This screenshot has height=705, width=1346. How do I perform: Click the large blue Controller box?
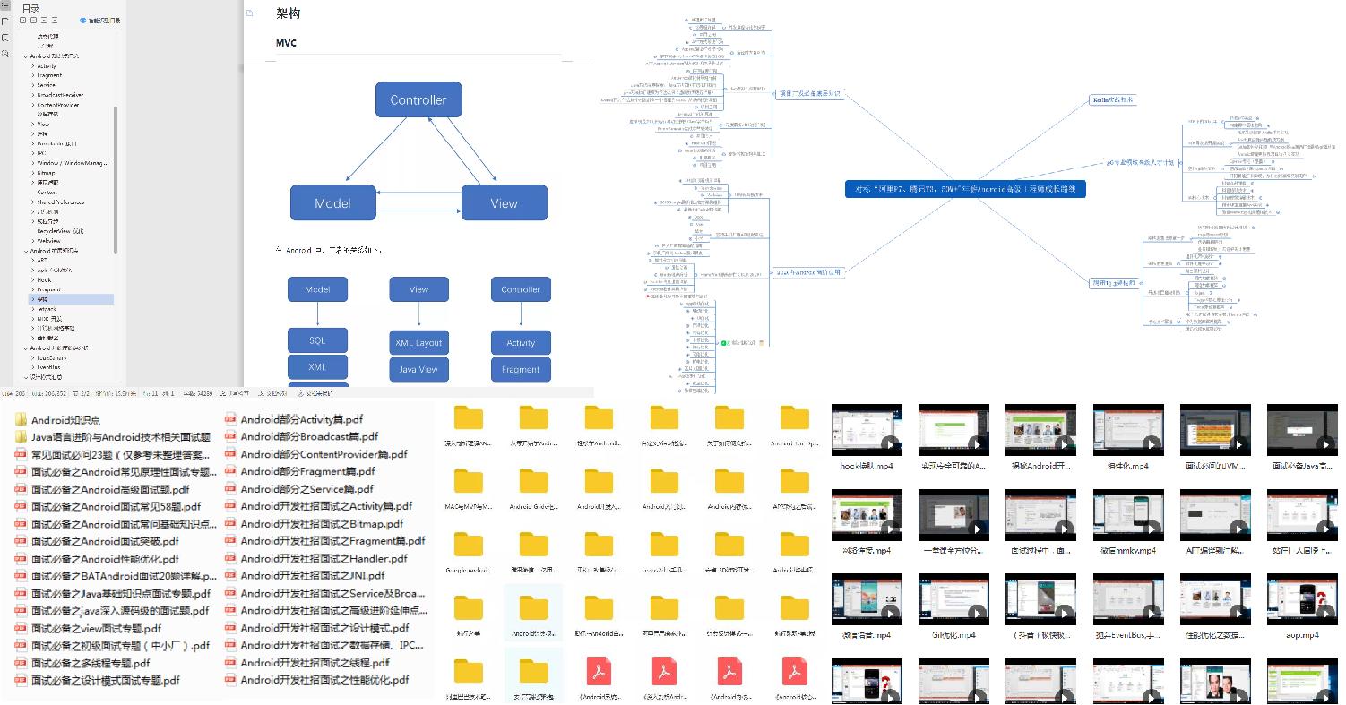(418, 99)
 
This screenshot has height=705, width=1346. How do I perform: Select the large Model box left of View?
(332, 203)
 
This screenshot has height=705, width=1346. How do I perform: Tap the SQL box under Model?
(317, 340)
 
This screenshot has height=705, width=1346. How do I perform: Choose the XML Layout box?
(418, 342)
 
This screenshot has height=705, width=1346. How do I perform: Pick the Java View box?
(418, 369)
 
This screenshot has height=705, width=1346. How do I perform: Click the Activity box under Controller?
(521, 342)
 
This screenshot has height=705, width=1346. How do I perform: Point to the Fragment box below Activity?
(521, 369)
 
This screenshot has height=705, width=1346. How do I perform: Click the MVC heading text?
(286, 43)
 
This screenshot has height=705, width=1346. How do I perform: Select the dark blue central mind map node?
(965, 189)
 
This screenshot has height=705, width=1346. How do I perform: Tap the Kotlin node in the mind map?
(1112, 99)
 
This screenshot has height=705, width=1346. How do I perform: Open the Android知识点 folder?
(65, 419)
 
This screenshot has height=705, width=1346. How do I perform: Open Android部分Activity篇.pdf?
(301, 419)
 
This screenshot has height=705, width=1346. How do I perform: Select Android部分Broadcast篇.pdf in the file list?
(303, 436)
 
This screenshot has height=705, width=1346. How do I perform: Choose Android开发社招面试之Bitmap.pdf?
(322, 523)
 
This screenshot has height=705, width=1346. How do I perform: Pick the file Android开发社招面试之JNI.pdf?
(312, 575)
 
